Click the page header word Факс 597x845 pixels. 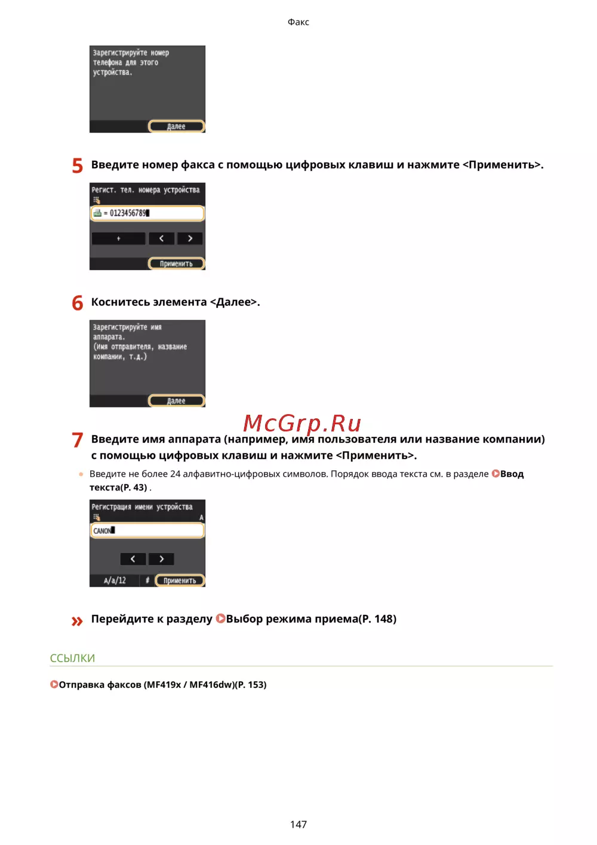pos(298,22)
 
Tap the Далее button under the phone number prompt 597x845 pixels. pos(176,126)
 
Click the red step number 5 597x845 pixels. pos(77,166)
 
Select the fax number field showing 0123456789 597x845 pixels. pos(147,213)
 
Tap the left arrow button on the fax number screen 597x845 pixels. pos(161,238)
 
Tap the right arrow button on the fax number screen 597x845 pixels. pos(190,238)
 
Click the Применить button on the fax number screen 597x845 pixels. pos(176,264)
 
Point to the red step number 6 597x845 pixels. pos(77,303)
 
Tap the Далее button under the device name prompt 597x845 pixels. pos(176,400)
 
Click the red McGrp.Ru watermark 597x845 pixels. pos(302,423)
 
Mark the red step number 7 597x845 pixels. pos(77,440)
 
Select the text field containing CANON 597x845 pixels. pos(147,531)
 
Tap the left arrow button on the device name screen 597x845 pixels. pos(133,559)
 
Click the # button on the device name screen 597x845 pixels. pos(147,580)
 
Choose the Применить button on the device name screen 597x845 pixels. pos(180,580)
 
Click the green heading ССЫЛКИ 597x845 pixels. pos(72,658)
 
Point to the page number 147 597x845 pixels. pos(298,824)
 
